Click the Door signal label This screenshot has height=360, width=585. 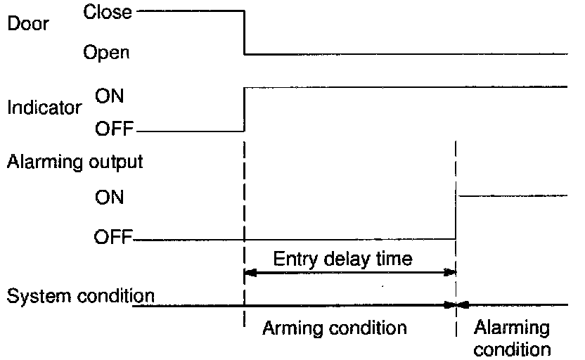click(x=28, y=24)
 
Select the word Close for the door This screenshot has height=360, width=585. click(x=107, y=12)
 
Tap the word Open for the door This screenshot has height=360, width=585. click(x=106, y=52)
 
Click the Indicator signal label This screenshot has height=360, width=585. click(x=44, y=108)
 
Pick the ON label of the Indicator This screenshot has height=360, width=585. click(x=109, y=96)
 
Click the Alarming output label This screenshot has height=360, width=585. click(x=75, y=162)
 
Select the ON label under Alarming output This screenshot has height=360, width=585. click(x=109, y=198)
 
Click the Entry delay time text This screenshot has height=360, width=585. click(x=342, y=259)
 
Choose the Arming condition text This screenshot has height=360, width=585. click(x=335, y=328)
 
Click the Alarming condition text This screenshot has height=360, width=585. click(x=511, y=337)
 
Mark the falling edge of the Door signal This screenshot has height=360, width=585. click(x=244, y=32)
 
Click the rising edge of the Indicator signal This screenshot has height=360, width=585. click(x=244, y=109)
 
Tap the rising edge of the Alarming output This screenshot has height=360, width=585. click(x=456, y=217)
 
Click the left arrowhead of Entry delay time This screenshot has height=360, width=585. click(x=250, y=272)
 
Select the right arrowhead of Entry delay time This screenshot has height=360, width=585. click(x=451, y=272)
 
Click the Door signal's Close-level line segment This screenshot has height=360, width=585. click(x=190, y=11)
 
